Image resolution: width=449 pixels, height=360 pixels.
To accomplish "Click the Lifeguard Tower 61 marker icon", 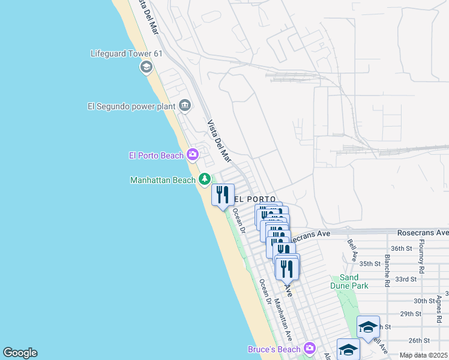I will tap(146, 67).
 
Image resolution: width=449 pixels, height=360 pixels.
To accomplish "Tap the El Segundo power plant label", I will tap(130, 106).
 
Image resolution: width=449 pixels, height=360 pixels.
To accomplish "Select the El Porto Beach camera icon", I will tap(193, 155).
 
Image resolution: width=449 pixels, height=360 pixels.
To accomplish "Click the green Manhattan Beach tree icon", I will tap(205, 179).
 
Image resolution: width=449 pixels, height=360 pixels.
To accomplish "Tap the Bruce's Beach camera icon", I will tap(310, 348).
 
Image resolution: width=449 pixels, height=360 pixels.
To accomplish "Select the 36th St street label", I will tap(401, 248).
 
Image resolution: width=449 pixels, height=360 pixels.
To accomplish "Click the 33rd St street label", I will tap(406, 279).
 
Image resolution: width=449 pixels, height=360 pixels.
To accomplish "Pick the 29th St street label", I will tap(411, 314).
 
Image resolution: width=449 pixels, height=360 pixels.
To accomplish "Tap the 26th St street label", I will tap(419, 340).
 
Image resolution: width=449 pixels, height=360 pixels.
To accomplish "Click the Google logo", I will tap(20, 353).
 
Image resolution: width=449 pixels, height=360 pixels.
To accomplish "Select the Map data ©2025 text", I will tap(423, 355).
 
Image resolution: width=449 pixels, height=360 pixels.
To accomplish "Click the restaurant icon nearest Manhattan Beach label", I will tap(223, 195).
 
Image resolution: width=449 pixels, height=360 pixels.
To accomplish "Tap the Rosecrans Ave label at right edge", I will tap(423, 232).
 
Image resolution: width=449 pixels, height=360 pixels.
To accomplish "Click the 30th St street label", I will tap(424, 301).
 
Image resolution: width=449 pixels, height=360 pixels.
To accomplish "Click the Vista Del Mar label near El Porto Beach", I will tap(218, 141).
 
